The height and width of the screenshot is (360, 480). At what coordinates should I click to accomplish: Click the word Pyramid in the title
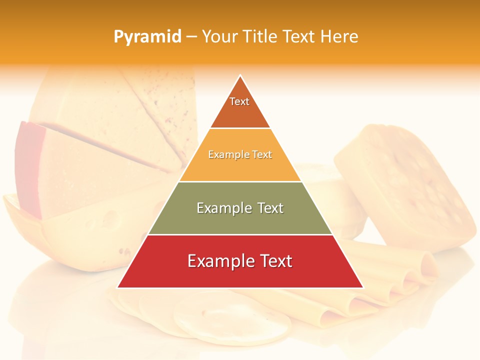[x=147, y=37]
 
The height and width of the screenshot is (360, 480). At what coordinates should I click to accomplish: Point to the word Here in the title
[x=339, y=37]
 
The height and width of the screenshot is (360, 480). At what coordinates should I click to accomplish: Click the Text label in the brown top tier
[x=239, y=101]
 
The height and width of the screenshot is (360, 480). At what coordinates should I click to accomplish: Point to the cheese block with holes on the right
[x=405, y=185]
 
